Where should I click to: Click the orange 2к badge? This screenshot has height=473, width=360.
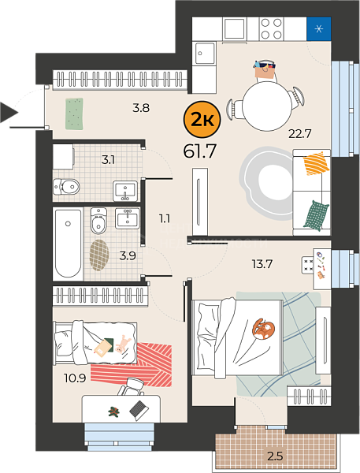tap(202, 120)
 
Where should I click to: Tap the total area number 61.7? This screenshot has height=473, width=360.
tap(200, 151)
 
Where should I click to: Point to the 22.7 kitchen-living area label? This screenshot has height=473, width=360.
tap(299, 133)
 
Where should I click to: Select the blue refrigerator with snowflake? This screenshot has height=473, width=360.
tap(319, 29)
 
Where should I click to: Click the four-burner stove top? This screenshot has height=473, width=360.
tap(271, 29)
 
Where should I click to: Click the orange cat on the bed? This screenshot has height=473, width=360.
tap(263, 329)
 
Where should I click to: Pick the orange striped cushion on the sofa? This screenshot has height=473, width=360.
tap(316, 163)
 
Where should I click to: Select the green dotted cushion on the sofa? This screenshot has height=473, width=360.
tap(316, 216)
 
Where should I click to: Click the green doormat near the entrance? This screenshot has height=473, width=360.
tap(75, 114)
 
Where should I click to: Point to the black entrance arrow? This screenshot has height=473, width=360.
tap(9, 113)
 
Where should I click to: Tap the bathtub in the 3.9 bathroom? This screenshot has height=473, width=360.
tap(69, 243)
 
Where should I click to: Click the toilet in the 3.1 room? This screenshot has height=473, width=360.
tap(66, 187)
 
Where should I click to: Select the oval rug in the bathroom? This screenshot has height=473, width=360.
tap(99, 255)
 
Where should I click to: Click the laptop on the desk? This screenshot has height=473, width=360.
tap(139, 410)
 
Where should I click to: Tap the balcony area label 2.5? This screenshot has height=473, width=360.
tap(275, 456)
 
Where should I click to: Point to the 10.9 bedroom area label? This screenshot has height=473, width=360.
tap(75, 378)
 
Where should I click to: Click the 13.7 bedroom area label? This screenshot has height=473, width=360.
tap(262, 264)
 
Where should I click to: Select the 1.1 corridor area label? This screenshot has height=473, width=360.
tap(165, 218)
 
